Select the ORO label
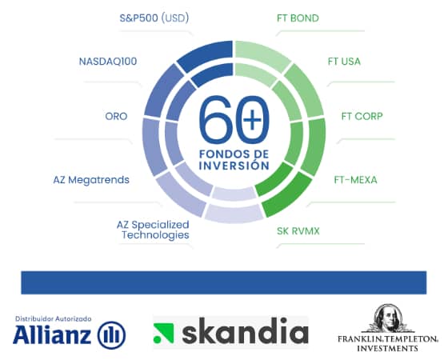pos(116,115)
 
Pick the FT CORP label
pos(361,115)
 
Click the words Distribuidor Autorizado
pos(54,318)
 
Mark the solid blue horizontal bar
pos(224,282)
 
